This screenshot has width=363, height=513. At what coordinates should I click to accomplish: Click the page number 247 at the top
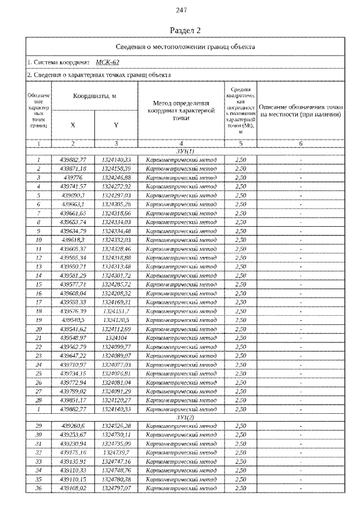pos(181,10)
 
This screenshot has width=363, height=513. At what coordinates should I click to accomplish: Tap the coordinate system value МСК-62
pos(107,62)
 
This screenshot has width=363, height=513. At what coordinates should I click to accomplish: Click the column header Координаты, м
pos(94,96)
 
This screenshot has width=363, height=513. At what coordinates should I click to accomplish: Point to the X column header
pos(73,125)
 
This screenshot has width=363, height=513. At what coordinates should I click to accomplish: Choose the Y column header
pos(116,125)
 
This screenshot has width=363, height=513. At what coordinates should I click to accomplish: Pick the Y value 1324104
pos(116,337)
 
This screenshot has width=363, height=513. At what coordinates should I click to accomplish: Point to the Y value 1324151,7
pos(116,311)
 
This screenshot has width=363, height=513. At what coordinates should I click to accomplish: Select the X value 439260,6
pos(73,425)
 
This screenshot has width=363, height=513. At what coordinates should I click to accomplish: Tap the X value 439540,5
pos(73,320)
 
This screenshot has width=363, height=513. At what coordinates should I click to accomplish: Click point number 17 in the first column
pos(39,302)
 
